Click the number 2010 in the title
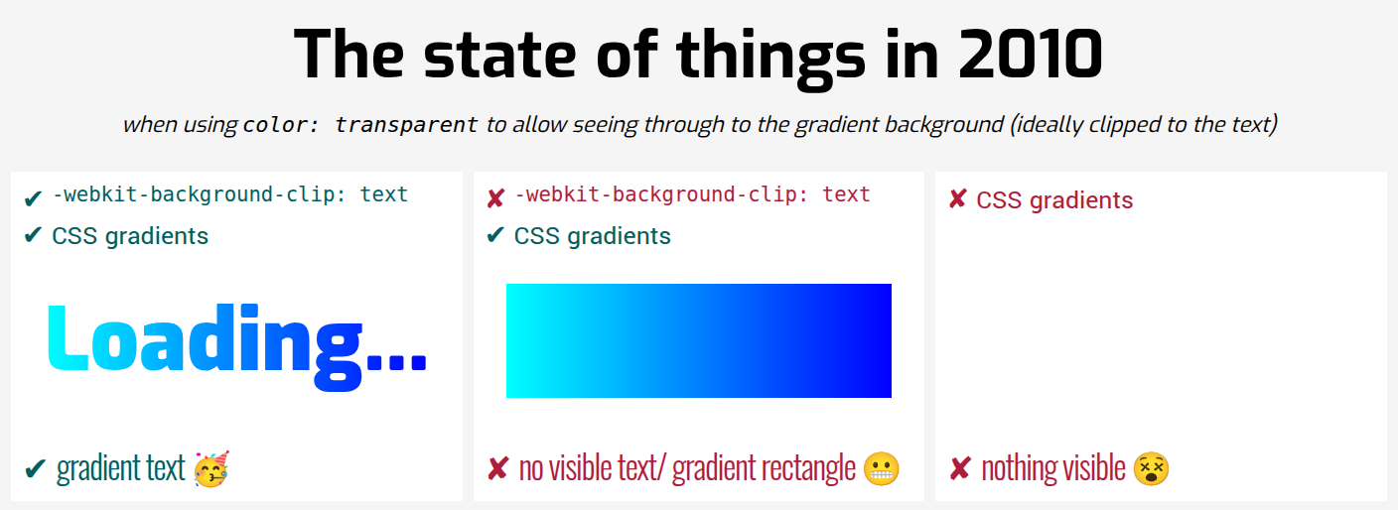coord(1031,55)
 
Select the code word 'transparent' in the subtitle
coord(406,125)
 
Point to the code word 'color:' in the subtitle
coord(280,125)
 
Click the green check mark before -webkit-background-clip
coord(33,198)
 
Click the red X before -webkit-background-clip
coord(495,198)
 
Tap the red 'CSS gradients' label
coord(1054,200)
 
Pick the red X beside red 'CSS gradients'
coord(957,199)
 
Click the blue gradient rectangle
coord(698,340)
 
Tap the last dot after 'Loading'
coord(419,362)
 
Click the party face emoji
coord(211,469)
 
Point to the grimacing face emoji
coord(882,469)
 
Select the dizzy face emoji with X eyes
coord(1151,469)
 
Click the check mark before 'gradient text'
coord(35,468)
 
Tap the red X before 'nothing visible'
coord(960,469)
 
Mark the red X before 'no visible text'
coord(497,469)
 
